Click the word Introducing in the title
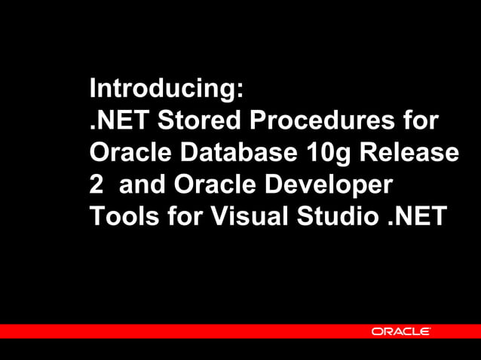point(161,89)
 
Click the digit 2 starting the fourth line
point(97,185)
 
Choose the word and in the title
point(144,185)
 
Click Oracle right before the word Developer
point(216,185)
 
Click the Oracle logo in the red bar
point(400,331)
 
